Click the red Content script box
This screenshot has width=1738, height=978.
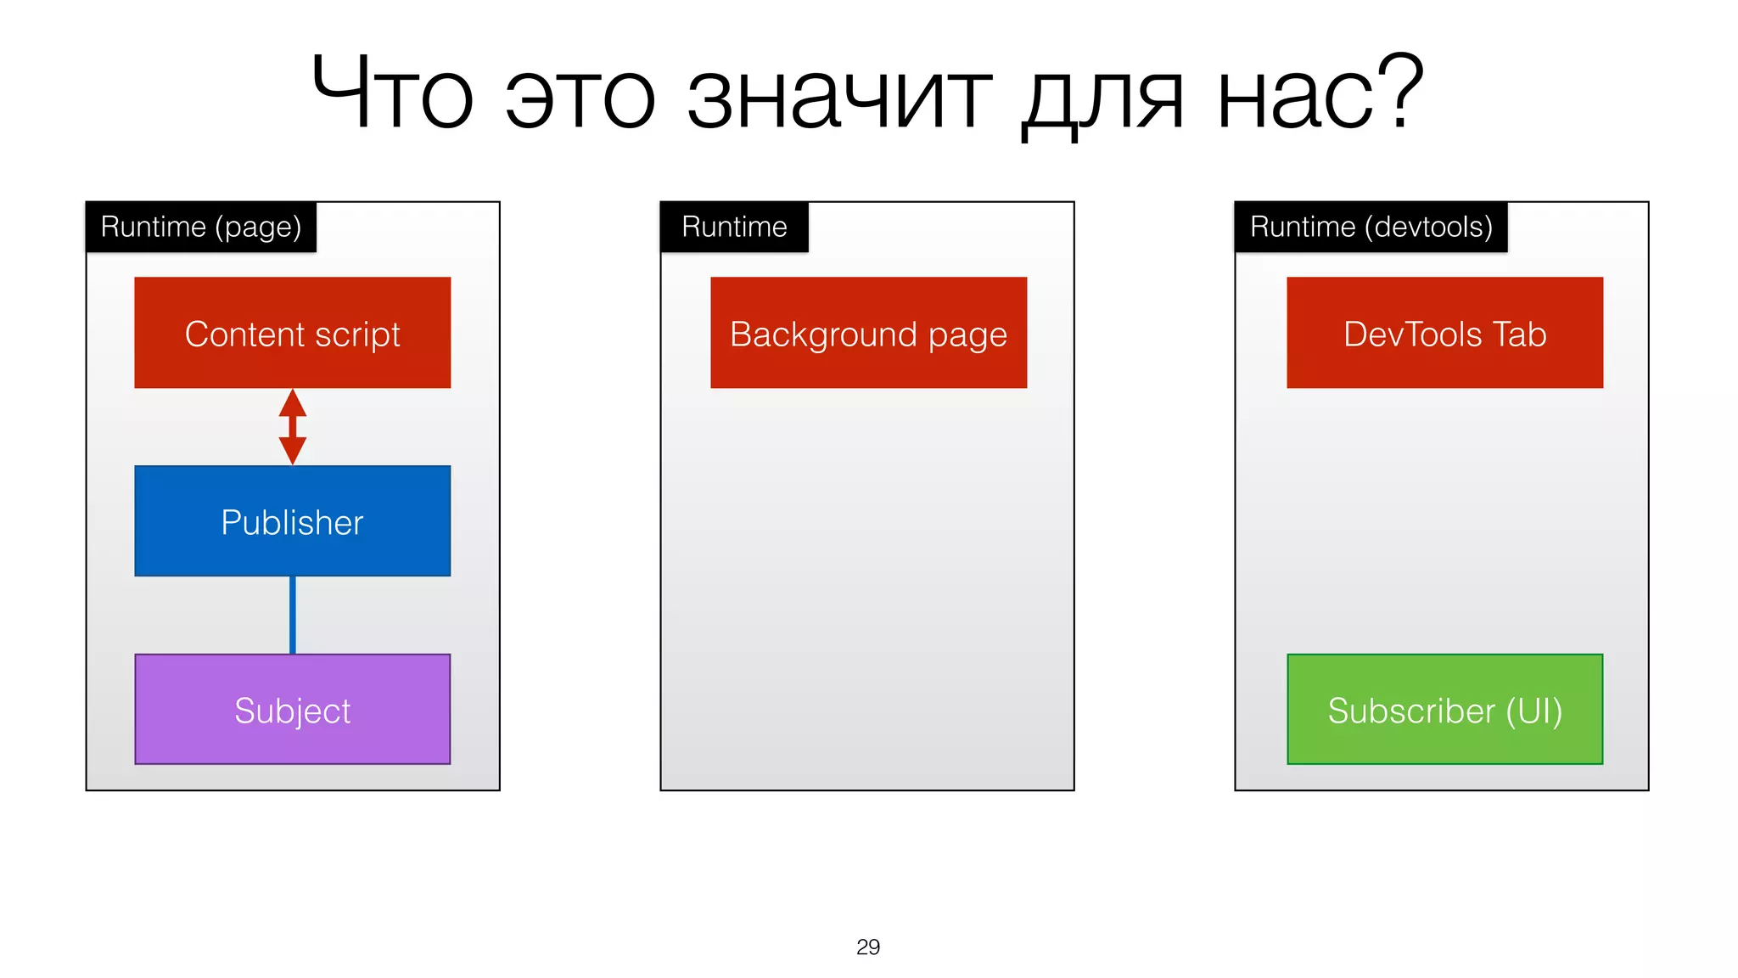click(x=292, y=332)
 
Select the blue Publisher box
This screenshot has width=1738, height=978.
click(x=292, y=520)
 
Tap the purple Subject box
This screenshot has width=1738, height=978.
click(x=292, y=709)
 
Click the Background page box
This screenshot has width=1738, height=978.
click(x=868, y=332)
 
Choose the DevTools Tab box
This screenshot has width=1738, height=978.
click(x=1444, y=332)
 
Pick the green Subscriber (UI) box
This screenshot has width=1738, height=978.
click(x=1444, y=709)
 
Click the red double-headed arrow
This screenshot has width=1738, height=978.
click(x=292, y=426)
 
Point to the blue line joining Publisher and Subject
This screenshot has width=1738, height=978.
click(x=292, y=615)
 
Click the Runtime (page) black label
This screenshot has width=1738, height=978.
click(x=201, y=227)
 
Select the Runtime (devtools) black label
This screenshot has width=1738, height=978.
click(x=1371, y=227)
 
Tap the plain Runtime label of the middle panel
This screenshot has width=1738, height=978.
click(x=734, y=227)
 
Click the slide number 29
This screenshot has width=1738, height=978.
click(x=868, y=947)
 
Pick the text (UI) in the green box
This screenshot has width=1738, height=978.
click(x=1533, y=711)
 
